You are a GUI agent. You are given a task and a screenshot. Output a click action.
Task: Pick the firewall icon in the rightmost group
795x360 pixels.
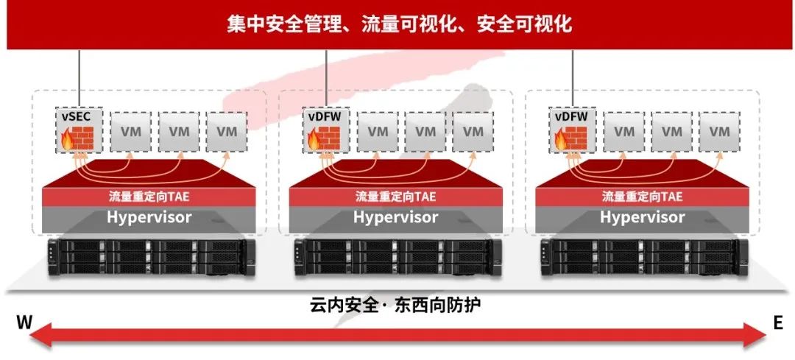pos(572,137)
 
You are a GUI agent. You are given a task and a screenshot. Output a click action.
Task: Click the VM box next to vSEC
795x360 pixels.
pos(132,132)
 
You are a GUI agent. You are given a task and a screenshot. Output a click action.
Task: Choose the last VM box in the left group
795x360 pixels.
pos(227,132)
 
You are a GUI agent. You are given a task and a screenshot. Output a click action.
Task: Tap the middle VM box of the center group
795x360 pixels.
pos(426,132)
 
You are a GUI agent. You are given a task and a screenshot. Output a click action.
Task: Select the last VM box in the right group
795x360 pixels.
pos(719,132)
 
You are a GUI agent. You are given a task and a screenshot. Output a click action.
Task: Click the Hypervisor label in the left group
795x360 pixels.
pos(149,217)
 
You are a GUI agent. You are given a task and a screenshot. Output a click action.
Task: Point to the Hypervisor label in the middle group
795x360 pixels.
pos(395,217)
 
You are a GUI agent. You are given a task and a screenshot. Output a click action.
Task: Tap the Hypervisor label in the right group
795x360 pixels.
pos(642,217)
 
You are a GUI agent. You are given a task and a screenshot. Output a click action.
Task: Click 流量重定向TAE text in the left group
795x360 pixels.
pos(149,197)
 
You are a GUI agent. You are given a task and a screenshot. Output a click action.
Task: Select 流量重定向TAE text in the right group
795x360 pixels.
pos(642,197)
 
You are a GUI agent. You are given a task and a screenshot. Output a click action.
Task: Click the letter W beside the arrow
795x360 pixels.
pos(24,323)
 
